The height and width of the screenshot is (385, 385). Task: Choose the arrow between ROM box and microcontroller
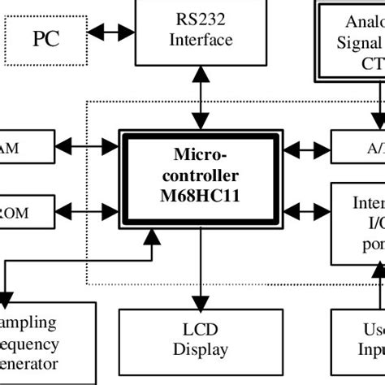tap(85, 213)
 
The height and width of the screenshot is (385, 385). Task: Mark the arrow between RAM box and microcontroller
tap(85, 147)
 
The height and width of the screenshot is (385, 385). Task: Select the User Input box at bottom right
tap(359, 341)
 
